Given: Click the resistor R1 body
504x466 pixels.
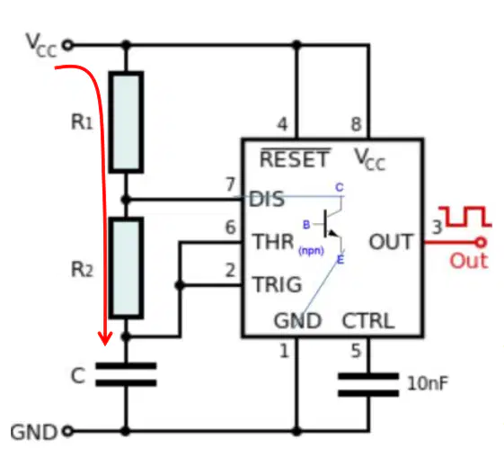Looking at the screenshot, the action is point(126,122).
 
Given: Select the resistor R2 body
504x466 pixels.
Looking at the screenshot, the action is point(126,268).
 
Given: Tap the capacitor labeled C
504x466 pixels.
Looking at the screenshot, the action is point(126,374).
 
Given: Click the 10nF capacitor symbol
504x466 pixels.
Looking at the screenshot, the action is point(368,384).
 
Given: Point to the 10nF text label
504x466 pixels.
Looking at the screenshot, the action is point(427,383).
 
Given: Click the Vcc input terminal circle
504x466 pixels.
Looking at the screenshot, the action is point(67,45).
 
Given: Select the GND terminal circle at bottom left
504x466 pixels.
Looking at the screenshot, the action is point(67,431).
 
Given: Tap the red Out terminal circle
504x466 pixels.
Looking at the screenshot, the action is point(481,242).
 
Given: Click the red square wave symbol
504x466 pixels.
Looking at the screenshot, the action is point(465,217).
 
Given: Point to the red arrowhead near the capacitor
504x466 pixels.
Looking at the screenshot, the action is point(105,338).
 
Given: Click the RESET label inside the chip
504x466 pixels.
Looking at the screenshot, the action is point(295,158).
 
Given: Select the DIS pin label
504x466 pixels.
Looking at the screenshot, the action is point(267,199).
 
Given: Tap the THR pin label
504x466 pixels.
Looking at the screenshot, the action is point(273,242).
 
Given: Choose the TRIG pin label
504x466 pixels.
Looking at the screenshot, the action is point(278,284).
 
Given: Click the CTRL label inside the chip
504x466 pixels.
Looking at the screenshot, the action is point(368,320).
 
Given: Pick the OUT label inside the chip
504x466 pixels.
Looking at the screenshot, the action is point(391,242).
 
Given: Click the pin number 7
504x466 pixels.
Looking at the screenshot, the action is point(231,184).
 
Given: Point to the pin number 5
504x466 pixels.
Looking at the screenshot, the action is point(356,351).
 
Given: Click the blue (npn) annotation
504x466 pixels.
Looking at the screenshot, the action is point(311,250).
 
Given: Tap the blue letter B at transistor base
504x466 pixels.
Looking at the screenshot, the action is point(306,225).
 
